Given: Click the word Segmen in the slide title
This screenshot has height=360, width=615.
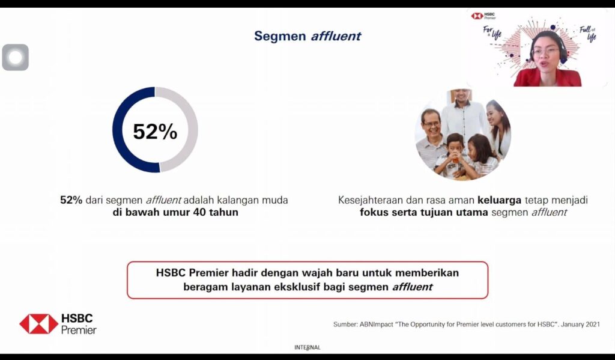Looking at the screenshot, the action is pyautogui.click(x=280, y=36).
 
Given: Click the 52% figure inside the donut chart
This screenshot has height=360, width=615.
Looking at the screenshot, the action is pyautogui.click(x=155, y=131).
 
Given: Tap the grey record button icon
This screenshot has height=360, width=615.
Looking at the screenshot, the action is pyautogui.click(x=15, y=57).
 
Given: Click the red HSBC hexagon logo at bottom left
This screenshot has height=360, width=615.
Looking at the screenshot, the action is pyautogui.click(x=39, y=324).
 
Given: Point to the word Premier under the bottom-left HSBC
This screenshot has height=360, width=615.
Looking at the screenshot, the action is pyautogui.click(x=79, y=330).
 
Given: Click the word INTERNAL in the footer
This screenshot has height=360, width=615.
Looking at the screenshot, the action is pyautogui.click(x=307, y=347).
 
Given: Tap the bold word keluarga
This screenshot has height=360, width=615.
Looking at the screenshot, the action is pyautogui.click(x=499, y=200).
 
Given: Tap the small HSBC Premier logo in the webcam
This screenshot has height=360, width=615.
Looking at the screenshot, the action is pyautogui.click(x=483, y=16).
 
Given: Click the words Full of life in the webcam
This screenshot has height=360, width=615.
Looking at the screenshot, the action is pyautogui.click(x=589, y=34).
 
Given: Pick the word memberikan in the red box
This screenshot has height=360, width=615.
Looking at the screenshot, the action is pyautogui.click(x=427, y=272).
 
